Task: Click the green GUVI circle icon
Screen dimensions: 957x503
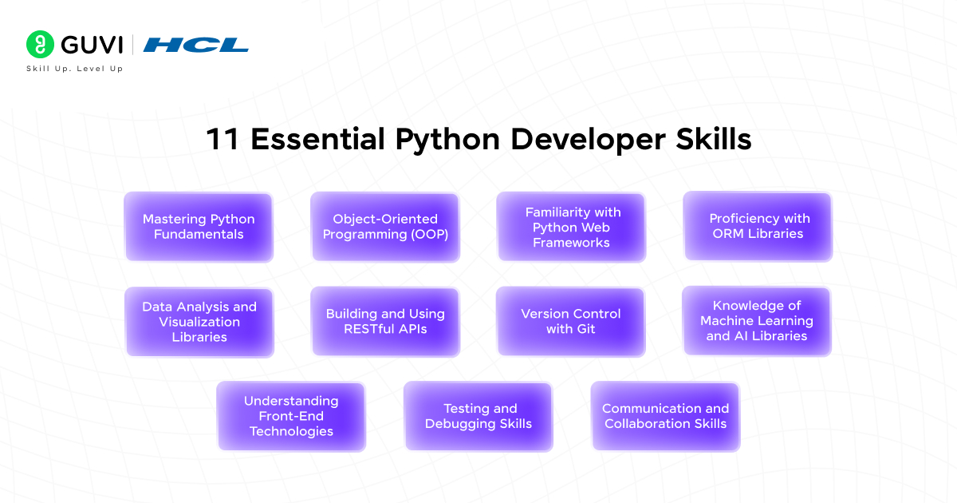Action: pos(40,45)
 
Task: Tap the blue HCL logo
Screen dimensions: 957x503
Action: pos(195,45)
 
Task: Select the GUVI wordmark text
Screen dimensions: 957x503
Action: pos(92,45)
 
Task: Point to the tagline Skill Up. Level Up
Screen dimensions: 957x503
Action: pos(75,69)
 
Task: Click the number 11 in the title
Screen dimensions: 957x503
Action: pos(223,139)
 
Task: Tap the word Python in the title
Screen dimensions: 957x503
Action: pos(447,141)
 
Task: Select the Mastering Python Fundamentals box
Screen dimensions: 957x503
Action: pos(199,227)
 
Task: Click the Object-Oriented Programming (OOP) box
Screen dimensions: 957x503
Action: pos(385,227)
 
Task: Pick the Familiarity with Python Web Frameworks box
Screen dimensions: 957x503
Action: pos(571,227)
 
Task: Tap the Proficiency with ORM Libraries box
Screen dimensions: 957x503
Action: pos(758,226)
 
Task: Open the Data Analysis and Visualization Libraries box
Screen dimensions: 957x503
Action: pos(199,322)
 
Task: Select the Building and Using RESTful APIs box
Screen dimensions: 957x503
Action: pos(385,322)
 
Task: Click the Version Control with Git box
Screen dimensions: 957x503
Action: pos(571,322)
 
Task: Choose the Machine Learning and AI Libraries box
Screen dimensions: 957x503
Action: pos(757,321)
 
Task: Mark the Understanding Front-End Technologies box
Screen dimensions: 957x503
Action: pos(291,416)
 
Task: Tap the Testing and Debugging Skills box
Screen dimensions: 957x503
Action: pos(478,416)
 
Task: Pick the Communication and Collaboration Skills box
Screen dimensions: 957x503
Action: pos(666,416)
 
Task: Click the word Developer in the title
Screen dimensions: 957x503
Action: pos(588,141)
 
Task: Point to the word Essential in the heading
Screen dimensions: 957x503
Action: pos(317,139)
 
